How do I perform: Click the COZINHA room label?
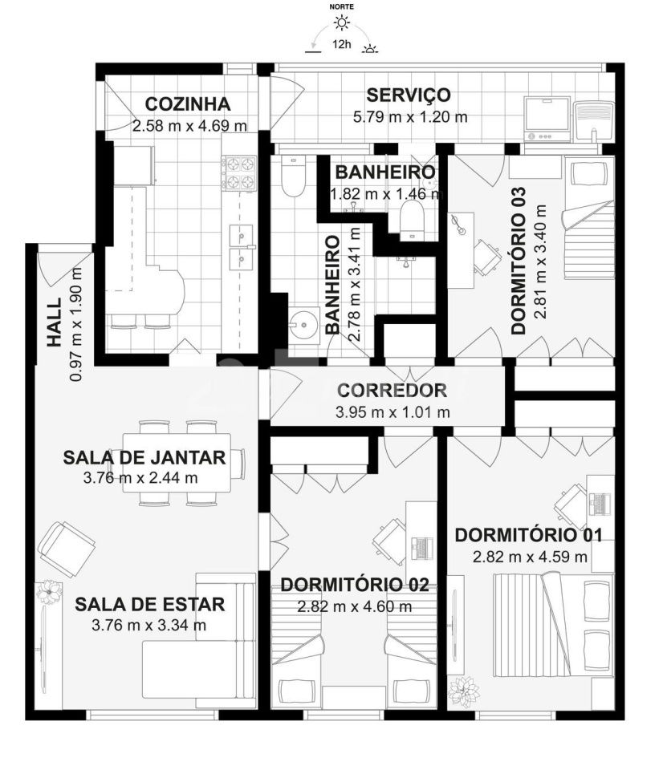coord(188,104)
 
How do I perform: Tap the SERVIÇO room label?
coord(409,95)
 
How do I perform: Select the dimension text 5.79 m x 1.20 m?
coord(410,117)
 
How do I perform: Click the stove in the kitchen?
coord(239,173)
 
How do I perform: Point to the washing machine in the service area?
coord(547,119)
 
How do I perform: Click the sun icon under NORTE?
coord(342,22)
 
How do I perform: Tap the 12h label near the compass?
coord(342,44)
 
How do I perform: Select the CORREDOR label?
coord(392,391)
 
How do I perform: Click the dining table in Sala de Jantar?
coord(177,463)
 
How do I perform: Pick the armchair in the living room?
coord(67,549)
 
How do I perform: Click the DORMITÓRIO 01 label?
coord(528,535)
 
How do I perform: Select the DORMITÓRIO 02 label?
coord(354,585)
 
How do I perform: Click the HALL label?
coord(55,322)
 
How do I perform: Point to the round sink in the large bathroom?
coord(303,323)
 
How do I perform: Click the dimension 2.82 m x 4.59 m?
coord(531,557)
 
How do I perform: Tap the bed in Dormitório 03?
coord(589,217)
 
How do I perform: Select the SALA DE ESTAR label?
coord(150,605)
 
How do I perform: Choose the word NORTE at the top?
coord(342,7)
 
